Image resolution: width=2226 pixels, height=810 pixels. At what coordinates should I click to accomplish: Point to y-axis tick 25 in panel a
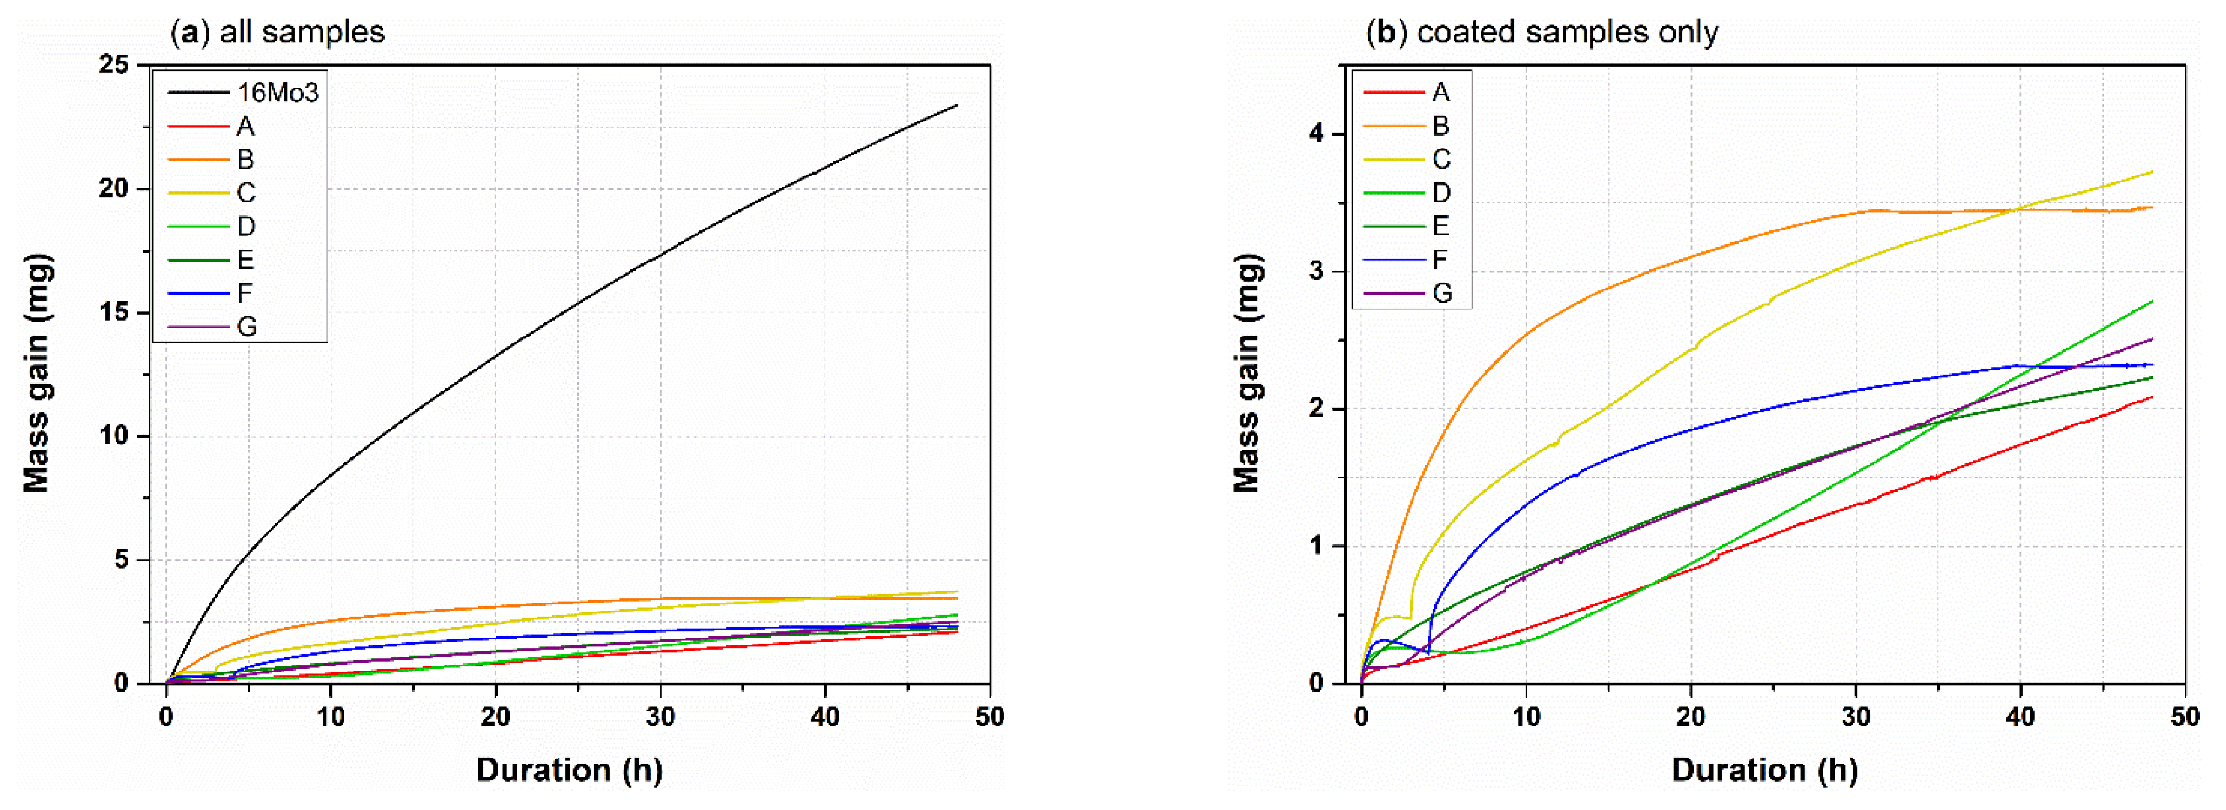tap(114, 65)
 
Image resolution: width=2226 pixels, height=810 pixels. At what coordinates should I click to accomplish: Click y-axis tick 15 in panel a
tap(114, 312)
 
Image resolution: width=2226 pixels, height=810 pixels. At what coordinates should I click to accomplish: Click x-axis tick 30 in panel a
tap(660, 717)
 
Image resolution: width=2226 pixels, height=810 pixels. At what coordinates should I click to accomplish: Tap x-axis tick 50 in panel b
tap(2185, 717)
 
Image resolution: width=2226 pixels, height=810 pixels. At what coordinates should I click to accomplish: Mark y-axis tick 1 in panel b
tap(1316, 547)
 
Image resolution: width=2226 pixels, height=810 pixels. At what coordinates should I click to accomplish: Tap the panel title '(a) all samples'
tap(277, 32)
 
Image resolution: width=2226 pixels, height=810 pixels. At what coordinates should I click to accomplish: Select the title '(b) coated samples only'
tap(1542, 32)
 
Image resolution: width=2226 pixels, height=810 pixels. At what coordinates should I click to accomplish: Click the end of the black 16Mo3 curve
tap(957, 105)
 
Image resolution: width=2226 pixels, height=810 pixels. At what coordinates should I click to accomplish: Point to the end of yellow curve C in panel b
tap(2152, 172)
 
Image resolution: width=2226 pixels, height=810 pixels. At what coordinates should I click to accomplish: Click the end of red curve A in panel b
tap(2152, 397)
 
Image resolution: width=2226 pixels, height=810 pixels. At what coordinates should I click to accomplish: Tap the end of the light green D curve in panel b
tap(2152, 301)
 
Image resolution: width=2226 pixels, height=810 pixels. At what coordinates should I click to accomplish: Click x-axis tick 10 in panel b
tap(1526, 717)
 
